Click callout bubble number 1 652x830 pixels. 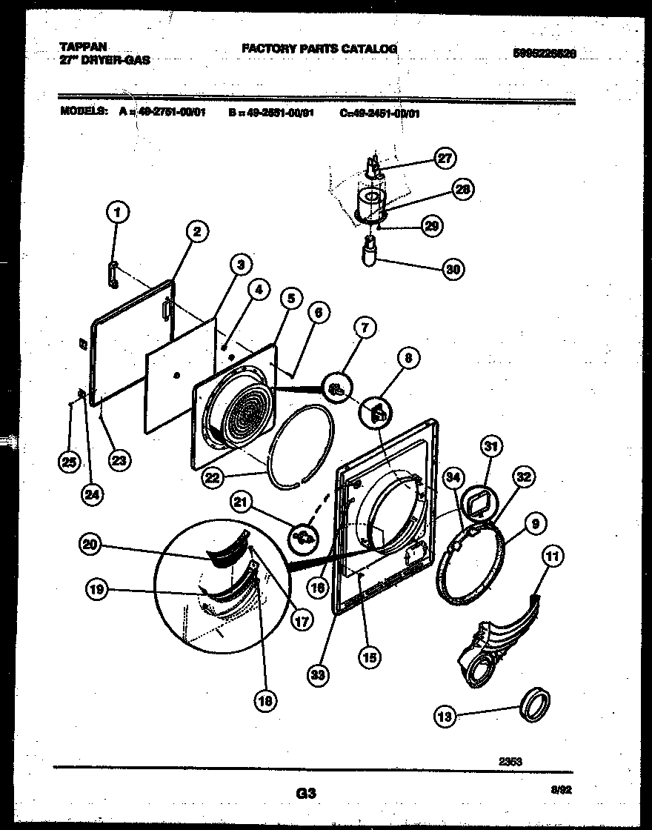pyautogui.click(x=115, y=214)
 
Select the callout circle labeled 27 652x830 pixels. pyautogui.click(x=445, y=158)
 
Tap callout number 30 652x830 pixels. pyautogui.click(x=453, y=270)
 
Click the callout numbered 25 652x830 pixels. pyautogui.click(x=69, y=462)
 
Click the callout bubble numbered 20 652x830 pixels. pyautogui.click(x=90, y=545)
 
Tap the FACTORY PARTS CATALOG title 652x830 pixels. pyautogui.click(x=319, y=49)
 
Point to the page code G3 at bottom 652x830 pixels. pyautogui.click(x=306, y=794)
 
